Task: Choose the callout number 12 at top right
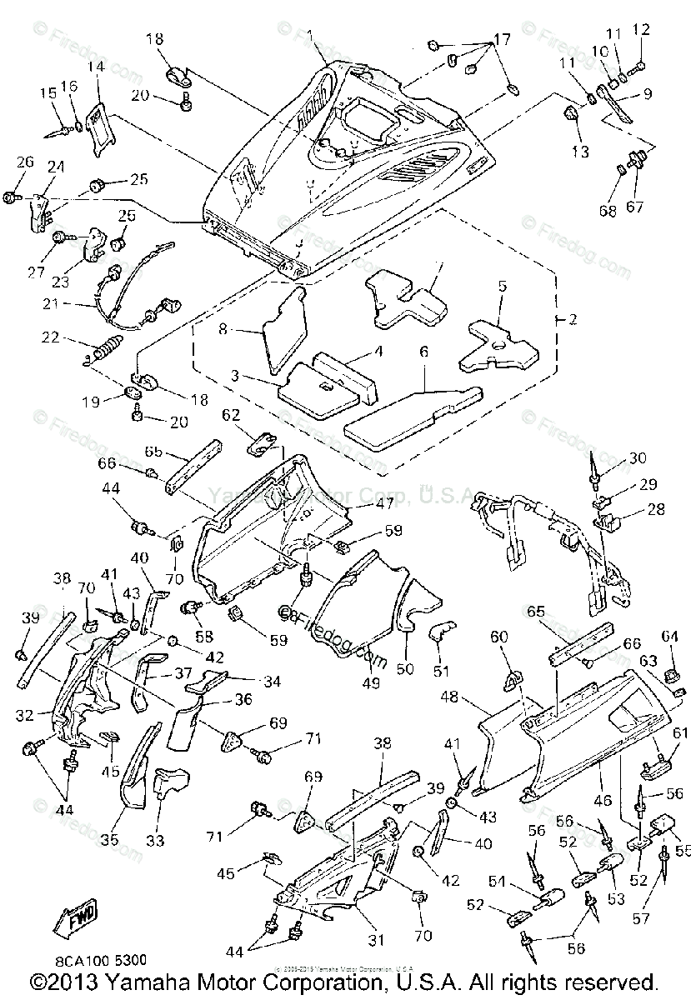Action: coord(640,31)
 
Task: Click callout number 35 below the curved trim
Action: coord(109,841)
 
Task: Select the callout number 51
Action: coord(441,670)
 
